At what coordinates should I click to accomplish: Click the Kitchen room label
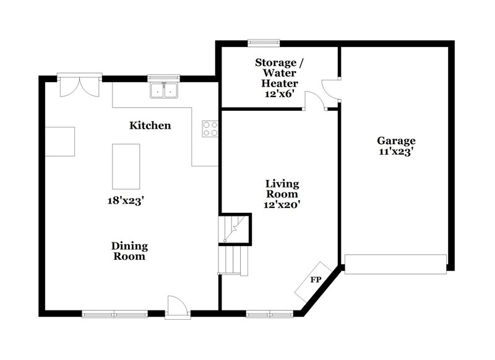click(x=150, y=126)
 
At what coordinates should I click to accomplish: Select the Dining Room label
click(x=129, y=251)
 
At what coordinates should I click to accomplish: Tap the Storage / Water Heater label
click(x=277, y=73)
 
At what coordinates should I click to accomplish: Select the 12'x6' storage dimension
click(x=277, y=94)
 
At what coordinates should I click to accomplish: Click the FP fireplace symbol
click(x=314, y=280)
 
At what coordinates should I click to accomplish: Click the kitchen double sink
click(x=163, y=91)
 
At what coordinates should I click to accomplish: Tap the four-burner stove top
click(x=210, y=128)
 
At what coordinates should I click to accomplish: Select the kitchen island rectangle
click(x=126, y=166)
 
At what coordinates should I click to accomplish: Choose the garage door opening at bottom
click(x=395, y=264)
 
